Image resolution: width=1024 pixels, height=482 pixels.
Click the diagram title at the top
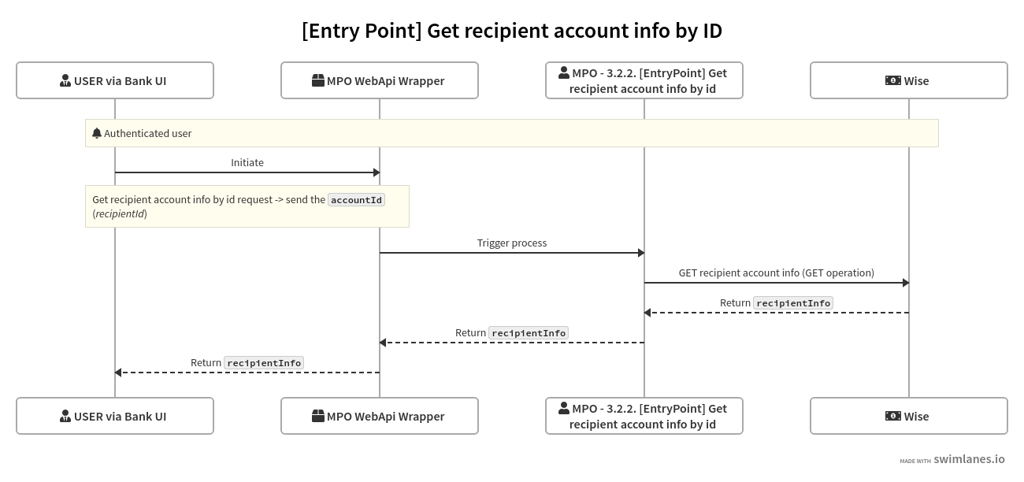(x=512, y=31)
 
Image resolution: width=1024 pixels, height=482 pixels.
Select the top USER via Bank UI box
(x=115, y=80)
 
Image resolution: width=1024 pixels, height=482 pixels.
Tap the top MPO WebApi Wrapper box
(x=380, y=80)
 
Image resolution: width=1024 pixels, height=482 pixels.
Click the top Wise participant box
(x=909, y=80)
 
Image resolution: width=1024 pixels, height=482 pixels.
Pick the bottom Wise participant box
(x=909, y=416)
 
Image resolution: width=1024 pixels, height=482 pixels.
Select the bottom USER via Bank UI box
(x=115, y=416)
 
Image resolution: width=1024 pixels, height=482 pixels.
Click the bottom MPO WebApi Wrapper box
(x=380, y=416)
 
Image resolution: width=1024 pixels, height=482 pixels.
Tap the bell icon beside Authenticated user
(x=97, y=133)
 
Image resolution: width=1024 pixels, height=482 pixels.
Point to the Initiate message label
(x=247, y=162)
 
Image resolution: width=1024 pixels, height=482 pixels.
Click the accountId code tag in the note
(x=356, y=200)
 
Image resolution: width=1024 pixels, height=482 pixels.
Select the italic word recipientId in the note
(x=120, y=213)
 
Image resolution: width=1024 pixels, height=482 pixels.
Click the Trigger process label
(x=512, y=243)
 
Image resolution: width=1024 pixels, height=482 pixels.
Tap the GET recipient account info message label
(x=777, y=273)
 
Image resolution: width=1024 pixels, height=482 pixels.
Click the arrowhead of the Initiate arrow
(x=376, y=172)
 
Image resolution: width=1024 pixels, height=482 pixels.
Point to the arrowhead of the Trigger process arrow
(x=640, y=253)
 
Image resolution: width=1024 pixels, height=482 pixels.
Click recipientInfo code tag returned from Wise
(x=793, y=303)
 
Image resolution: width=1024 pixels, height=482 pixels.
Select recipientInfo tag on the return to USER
(x=264, y=363)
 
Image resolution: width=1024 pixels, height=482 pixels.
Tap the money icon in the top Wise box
(x=893, y=80)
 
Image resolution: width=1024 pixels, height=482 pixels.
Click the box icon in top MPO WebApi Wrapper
(x=318, y=80)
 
